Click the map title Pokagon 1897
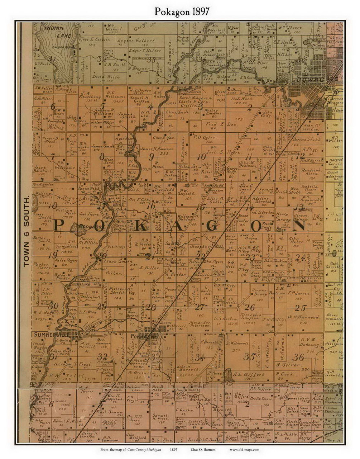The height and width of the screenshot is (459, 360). point(180,12)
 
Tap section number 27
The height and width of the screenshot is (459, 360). point(199,307)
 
